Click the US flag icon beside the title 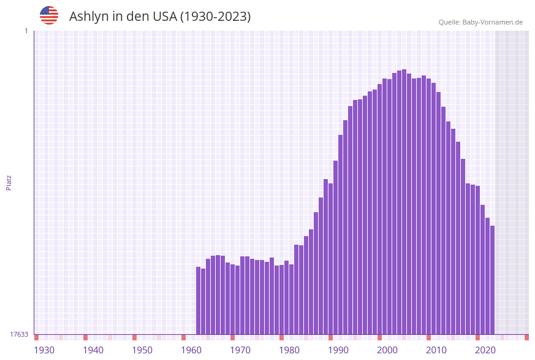click(x=49, y=15)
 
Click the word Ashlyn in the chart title click(x=88, y=17)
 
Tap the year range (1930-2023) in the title click(x=214, y=17)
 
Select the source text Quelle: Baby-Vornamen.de click(x=480, y=22)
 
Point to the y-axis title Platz click(x=9, y=182)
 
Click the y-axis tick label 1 click(x=26, y=31)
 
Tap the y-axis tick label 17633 click(x=19, y=334)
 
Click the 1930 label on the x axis click(x=44, y=350)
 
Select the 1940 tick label click(x=93, y=350)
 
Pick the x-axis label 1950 click(x=142, y=350)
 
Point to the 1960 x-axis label click(x=191, y=350)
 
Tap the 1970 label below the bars click(x=240, y=350)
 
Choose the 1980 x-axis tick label click(x=289, y=350)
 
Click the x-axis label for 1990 click(x=338, y=350)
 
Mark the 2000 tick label click(x=387, y=350)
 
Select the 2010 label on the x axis click(x=436, y=350)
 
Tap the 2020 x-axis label click(x=485, y=350)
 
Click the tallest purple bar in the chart click(x=404, y=202)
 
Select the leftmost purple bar click(x=198, y=301)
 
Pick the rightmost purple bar click(x=492, y=280)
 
